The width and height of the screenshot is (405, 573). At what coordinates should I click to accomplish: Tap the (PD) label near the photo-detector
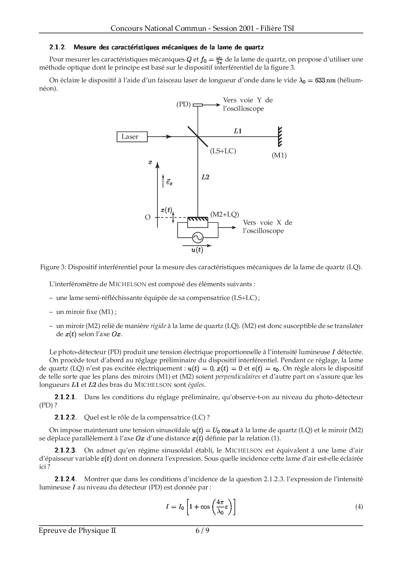tap(183, 105)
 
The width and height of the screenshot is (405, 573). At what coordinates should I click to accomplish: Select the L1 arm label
tap(238, 131)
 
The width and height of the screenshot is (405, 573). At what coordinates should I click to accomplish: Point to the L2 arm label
tap(205, 177)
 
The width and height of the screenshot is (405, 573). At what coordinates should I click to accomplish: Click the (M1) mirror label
tap(279, 156)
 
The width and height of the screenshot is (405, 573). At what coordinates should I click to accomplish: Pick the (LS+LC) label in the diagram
tap(223, 151)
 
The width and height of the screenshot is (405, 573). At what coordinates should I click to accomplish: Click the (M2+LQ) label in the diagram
tap(225, 214)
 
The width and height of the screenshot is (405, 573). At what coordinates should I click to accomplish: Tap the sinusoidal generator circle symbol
tap(197, 237)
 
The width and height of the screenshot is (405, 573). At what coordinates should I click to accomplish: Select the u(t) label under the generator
tap(197, 250)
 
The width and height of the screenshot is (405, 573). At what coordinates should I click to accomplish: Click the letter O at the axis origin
tap(148, 217)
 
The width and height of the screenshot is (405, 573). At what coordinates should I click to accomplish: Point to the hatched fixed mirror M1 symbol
tap(280, 137)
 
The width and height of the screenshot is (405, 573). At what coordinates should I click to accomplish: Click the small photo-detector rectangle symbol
tap(198, 105)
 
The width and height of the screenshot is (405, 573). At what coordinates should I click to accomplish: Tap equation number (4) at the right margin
tap(359, 507)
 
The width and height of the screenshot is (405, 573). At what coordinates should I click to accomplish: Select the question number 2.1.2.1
tap(65, 397)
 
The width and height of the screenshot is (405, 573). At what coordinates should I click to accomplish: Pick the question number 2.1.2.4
tap(65, 479)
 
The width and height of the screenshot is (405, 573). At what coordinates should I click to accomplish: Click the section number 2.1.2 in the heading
tap(57, 47)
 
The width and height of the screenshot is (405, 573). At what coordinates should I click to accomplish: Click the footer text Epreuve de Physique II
tap(77, 531)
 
